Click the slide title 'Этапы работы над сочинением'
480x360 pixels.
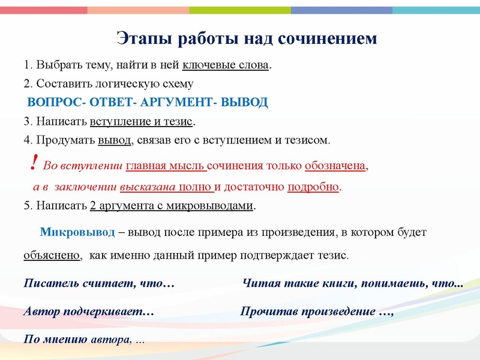coord(247,38)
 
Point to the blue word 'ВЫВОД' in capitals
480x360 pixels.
coord(244,102)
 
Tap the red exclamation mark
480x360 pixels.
coord(34,161)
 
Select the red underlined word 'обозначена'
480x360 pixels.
coord(335,166)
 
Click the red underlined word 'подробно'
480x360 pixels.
coord(313,187)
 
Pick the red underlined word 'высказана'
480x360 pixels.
coord(148,187)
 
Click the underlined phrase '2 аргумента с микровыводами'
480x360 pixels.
coord(172,206)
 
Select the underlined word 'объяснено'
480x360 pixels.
coord(52,254)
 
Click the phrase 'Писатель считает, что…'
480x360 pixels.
coord(99,283)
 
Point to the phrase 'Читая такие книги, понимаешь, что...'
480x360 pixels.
coord(352,283)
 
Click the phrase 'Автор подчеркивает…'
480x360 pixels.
coord(89,311)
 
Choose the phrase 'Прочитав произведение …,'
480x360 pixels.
coord(316,311)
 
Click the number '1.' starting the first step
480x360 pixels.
coord(28,64)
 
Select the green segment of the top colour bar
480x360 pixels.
coord(240,10)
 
